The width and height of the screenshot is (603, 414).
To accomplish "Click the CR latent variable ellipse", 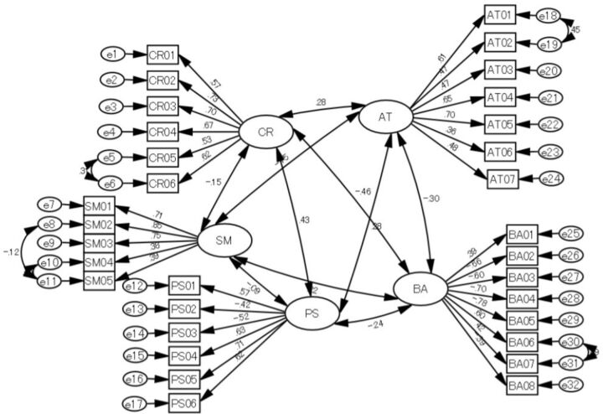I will pyautogui.click(x=265, y=132).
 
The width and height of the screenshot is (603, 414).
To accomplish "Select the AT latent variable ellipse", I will pyautogui.click(x=385, y=117).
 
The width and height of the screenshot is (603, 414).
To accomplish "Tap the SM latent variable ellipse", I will pyautogui.click(x=224, y=241).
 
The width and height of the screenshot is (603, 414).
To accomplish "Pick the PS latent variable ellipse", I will pyautogui.click(x=312, y=314).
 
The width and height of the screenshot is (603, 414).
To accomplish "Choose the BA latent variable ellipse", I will pyautogui.click(x=421, y=288).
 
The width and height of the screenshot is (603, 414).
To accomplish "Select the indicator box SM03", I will pyautogui.click(x=98, y=243).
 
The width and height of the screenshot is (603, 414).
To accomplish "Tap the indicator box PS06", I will pyautogui.click(x=184, y=405).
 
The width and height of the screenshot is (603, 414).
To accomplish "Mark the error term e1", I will pyautogui.click(x=113, y=54).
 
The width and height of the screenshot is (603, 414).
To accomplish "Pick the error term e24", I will pyautogui.click(x=552, y=179).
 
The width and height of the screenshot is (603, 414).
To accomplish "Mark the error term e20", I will pyautogui.click(x=552, y=72).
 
